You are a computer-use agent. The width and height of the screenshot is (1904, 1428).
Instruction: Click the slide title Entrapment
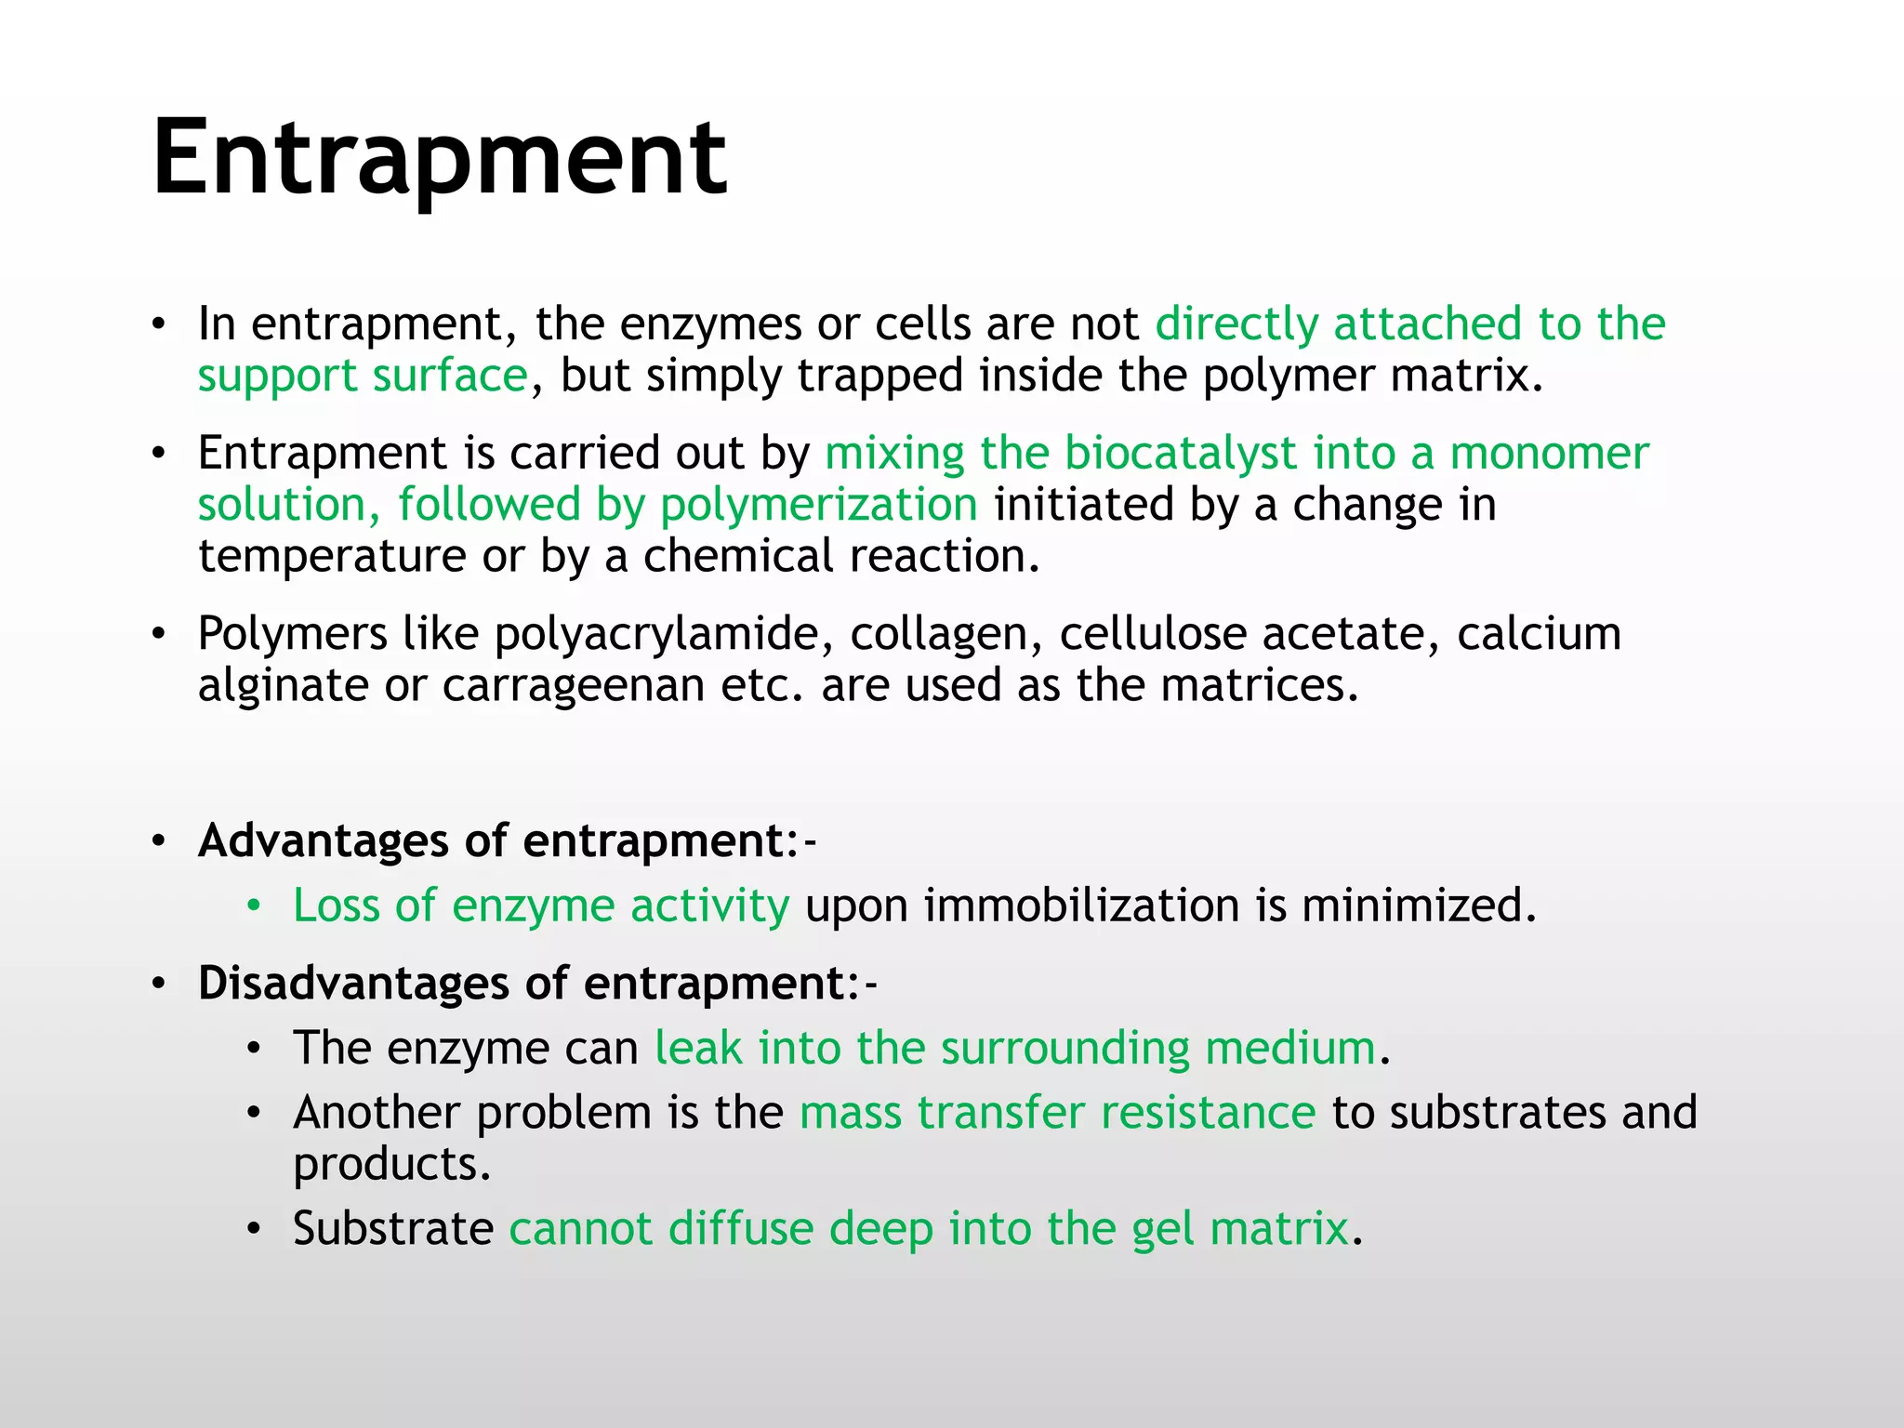tap(439, 158)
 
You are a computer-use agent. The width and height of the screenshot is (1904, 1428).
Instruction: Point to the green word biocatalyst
tap(1180, 454)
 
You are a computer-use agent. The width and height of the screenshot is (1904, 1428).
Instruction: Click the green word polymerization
tap(818, 506)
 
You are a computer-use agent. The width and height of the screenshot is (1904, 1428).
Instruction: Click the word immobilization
tap(1081, 906)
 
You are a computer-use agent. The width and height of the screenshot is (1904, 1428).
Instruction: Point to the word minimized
tap(1418, 906)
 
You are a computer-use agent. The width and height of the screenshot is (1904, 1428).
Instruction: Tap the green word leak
tap(698, 1048)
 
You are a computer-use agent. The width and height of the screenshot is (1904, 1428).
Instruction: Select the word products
tap(390, 1165)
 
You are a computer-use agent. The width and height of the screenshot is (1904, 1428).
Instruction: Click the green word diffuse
tap(741, 1228)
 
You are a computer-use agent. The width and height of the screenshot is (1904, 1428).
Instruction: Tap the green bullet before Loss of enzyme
tap(254, 906)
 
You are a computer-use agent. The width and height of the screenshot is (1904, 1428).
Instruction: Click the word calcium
tap(1539, 634)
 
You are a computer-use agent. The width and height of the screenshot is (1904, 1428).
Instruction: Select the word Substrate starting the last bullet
tap(393, 1228)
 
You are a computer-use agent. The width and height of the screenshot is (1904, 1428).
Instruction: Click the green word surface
tap(450, 377)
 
